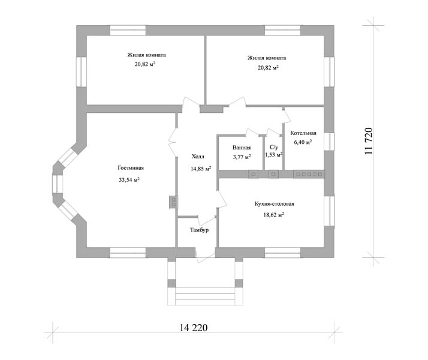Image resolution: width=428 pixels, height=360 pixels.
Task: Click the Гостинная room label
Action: pos(131,168)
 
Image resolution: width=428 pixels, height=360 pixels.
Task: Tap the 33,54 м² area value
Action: pos(129,180)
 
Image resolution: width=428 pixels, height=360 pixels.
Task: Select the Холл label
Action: pos(198,157)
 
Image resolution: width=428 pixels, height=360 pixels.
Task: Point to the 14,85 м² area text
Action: pos(201,169)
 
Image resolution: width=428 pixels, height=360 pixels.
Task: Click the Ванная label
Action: pos(242,148)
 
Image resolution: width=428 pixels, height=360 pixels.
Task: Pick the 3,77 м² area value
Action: pos(242,157)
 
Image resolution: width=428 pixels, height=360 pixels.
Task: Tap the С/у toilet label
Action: pos(274,147)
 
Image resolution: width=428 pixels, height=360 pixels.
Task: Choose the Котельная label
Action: pos(303,133)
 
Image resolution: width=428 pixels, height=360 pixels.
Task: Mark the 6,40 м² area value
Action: pos(303,142)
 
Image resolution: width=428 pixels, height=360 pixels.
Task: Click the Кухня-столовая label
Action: pos(275,204)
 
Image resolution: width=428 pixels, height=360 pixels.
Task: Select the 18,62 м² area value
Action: pos(274,215)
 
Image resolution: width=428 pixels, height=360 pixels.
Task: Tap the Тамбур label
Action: pos(199,230)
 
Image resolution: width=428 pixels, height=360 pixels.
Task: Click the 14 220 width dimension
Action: pos(194,328)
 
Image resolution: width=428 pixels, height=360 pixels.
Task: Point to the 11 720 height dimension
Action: pos(369,141)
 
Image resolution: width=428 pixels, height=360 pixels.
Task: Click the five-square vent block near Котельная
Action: pos(309,174)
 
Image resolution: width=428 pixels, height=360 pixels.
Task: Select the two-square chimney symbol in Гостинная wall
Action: pos(173,202)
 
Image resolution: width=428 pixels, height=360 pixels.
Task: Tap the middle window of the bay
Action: pos(58,184)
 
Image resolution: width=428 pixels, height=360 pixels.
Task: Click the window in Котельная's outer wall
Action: pos(329,142)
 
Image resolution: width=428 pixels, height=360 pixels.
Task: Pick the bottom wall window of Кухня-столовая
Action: pos(282,253)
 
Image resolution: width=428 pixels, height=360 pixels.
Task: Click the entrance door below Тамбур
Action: pos(205,256)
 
